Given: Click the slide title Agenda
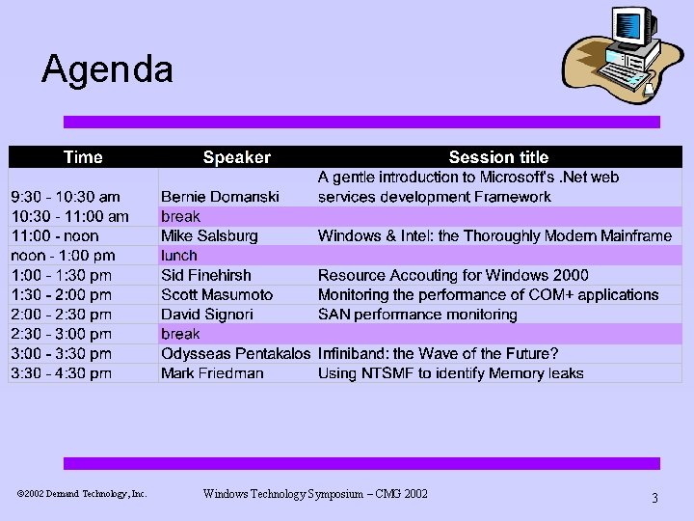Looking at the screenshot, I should coord(107,69).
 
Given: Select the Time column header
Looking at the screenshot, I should coord(83,156).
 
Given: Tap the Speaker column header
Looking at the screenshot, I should coord(236,156).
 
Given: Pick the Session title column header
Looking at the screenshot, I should coord(498,156).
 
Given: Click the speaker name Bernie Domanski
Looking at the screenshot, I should coord(220,197).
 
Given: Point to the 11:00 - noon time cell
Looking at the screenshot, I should coord(55,235).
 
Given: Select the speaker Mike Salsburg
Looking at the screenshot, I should coord(209,235).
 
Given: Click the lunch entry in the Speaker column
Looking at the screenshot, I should coord(179,256).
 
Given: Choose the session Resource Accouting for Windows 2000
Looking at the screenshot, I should coord(453,275).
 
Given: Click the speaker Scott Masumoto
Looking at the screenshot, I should coord(217,295).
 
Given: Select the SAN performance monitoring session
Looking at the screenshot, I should coord(417,315).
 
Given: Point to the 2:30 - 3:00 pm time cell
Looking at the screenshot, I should coord(61,334).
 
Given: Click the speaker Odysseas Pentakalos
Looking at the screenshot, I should coord(235,354).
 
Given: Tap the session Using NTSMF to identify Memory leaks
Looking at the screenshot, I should coord(450,373).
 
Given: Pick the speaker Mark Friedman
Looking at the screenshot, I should coord(212,373).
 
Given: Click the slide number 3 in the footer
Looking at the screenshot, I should coord(654,498).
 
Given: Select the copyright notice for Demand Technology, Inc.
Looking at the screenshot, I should coord(82,494).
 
